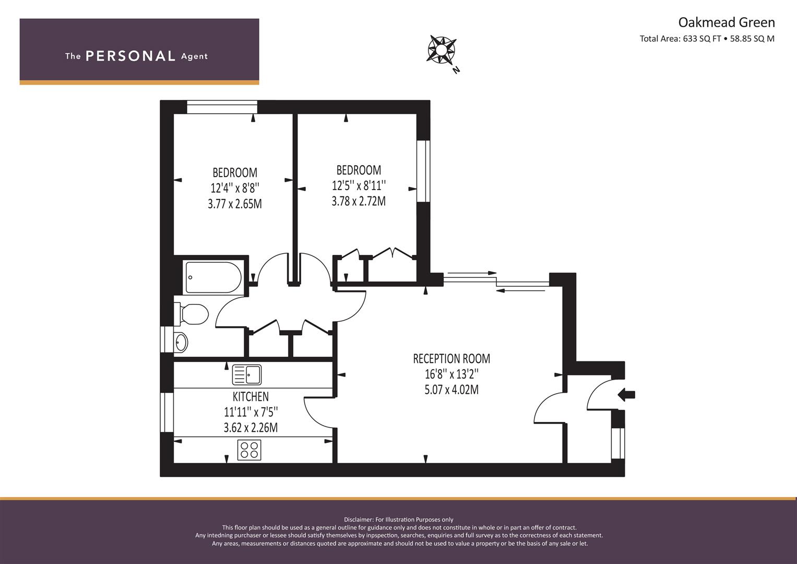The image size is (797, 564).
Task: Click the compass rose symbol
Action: (x=441, y=50)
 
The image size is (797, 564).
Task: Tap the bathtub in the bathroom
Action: (x=213, y=278)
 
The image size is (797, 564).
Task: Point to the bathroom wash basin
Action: (x=181, y=342)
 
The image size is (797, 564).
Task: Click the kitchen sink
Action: (x=246, y=374)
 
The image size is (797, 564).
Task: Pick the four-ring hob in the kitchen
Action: (x=249, y=450)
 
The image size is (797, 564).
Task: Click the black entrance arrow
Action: (x=626, y=394)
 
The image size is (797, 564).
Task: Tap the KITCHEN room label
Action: (x=251, y=397)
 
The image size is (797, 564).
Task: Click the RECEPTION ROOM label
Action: (x=451, y=359)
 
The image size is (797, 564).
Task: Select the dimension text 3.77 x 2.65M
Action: (x=235, y=204)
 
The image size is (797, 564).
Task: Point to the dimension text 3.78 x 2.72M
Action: (x=359, y=202)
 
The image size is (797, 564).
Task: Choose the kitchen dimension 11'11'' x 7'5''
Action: (x=251, y=413)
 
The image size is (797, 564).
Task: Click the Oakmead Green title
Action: (x=727, y=22)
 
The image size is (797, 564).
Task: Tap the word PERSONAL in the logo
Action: (x=130, y=56)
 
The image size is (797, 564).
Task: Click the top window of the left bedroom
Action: (x=222, y=107)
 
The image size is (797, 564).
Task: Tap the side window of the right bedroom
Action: (x=423, y=171)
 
